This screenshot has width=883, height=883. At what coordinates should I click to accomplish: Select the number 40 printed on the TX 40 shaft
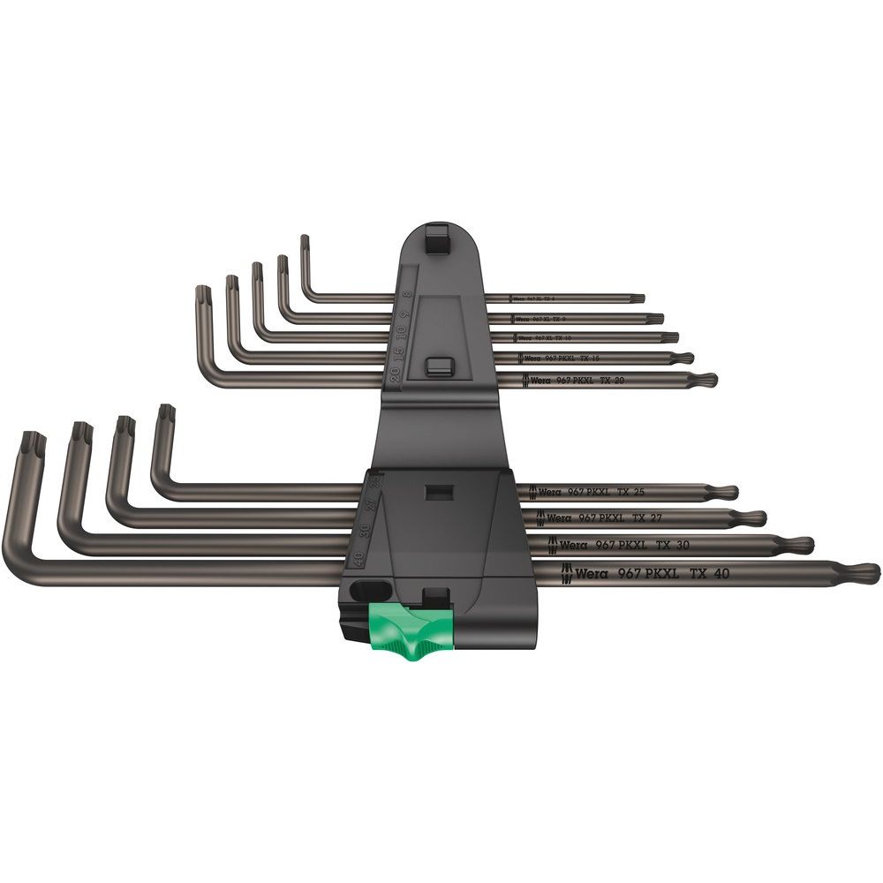[721, 574]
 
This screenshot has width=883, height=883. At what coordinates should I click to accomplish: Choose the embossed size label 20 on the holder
[394, 372]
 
